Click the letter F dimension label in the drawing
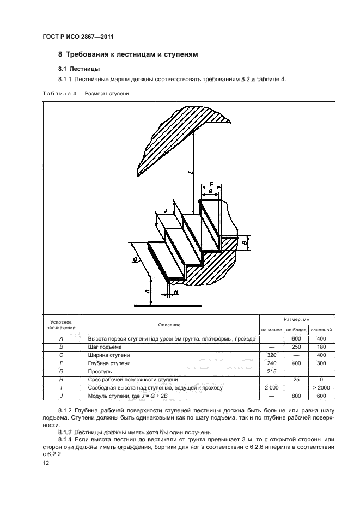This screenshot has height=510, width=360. coord(211,185)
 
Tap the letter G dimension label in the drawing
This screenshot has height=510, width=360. coord(211,192)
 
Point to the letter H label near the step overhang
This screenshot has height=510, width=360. coord(176,293)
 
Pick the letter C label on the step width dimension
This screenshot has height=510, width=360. coord(135,260)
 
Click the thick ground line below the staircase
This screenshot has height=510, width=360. coord(168,305)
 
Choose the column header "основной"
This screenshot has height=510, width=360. coord(321,330)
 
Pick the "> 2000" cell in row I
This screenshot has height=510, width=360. coord(321,387)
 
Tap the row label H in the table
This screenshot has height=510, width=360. coord(61,379)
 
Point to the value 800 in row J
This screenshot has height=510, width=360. coord(296,395)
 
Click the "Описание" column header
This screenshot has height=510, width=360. coord(170,325)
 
